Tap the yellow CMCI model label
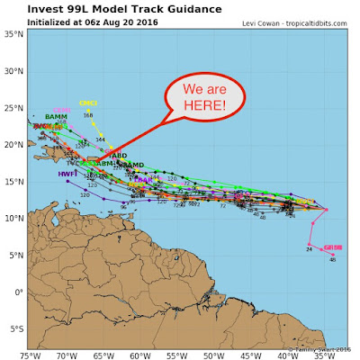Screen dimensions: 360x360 click(88, 104)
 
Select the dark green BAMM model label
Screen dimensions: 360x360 click(56, 117)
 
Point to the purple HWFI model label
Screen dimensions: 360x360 click(67, 174)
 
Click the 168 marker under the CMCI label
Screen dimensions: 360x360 click(88, 115)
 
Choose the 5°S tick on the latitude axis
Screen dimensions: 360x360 click(13, 328)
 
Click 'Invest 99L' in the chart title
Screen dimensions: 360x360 click(55, 9)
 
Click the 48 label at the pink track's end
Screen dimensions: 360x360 click(332, 259)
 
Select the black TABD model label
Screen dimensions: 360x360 click(117, 156)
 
